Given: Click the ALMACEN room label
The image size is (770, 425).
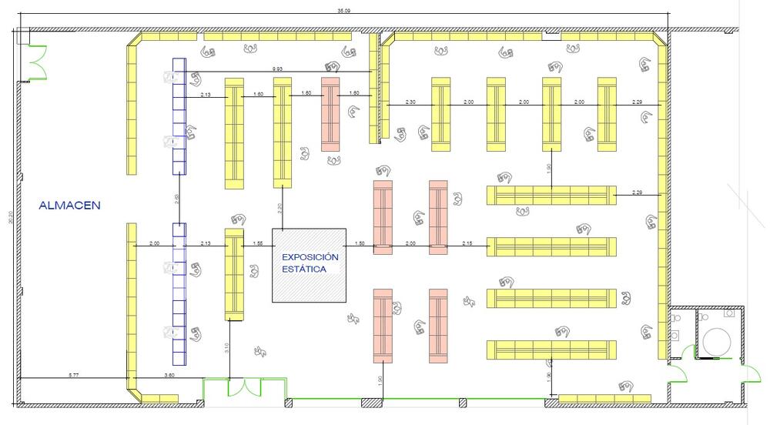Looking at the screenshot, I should (70, 206).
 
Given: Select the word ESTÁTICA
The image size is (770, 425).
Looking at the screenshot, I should (304, 269).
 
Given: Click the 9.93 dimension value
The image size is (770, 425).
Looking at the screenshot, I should (277, 69).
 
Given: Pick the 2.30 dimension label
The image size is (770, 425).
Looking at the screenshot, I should (410, 102).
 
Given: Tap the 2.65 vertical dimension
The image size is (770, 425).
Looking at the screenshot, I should (176, 199).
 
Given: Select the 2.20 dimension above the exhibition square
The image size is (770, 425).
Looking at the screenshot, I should (280, 208).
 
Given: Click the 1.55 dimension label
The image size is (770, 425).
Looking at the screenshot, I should (258, 243).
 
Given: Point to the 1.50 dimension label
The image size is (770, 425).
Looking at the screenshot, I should (359, 243).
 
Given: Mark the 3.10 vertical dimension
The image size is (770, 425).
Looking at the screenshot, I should (226, 347).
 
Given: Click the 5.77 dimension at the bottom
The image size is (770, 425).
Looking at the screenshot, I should (72, 375).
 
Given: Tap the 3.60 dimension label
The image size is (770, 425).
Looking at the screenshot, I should (169, 375).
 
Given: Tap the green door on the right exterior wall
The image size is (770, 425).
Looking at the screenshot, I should (678, 376).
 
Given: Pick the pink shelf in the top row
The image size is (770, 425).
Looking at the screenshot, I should (331, 114).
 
